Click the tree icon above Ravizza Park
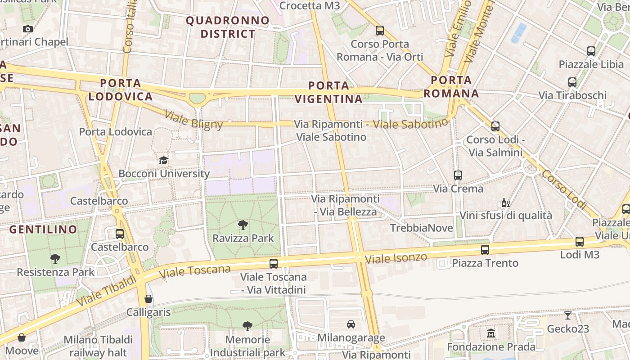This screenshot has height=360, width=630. point(243,225)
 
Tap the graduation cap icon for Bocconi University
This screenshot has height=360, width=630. point(163,160)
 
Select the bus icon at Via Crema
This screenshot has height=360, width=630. point(458,175)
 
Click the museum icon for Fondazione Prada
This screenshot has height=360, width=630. point(491,333)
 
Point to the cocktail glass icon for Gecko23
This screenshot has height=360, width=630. point(568,315)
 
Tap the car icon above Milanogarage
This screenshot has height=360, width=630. point(351,324)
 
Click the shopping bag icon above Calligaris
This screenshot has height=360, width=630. point(148,299)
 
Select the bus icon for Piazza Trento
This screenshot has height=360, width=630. point(485,249)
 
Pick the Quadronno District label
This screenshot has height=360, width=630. point(228,27)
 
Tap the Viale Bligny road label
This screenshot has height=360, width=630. point(193,119)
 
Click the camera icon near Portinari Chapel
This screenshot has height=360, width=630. point(28,29)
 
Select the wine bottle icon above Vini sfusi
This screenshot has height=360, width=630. point(506,203)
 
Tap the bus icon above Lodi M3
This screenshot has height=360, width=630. point(580,242)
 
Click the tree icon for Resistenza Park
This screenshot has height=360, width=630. point(55,259)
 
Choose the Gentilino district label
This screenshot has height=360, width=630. point(43,229)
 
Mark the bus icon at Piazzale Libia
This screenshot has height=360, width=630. point(591,51)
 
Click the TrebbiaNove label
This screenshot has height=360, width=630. point(422,228)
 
